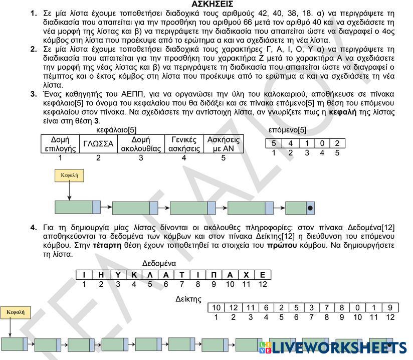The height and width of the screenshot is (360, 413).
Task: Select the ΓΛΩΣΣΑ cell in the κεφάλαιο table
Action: pos(98,144)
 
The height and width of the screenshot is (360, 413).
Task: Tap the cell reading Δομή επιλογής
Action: pos(60,144)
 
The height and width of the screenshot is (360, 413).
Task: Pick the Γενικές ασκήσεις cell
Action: pos(184,144)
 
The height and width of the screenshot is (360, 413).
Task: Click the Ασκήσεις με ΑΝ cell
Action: pos(224,144)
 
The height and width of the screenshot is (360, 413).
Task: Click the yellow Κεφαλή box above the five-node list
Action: pos(69,175)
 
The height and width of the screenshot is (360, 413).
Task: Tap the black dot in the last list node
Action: pos(310,208)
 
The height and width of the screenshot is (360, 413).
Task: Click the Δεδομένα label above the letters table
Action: pos(159,263)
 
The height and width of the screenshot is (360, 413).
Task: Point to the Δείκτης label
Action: pos(188,299)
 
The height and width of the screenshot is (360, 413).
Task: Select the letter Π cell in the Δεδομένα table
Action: pos(214,274)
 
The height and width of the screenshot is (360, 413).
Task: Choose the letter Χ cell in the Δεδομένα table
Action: pos(246,274)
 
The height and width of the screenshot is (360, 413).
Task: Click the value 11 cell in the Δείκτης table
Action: pos(251,307)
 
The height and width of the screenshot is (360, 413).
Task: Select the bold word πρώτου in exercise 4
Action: pos(280,246)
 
